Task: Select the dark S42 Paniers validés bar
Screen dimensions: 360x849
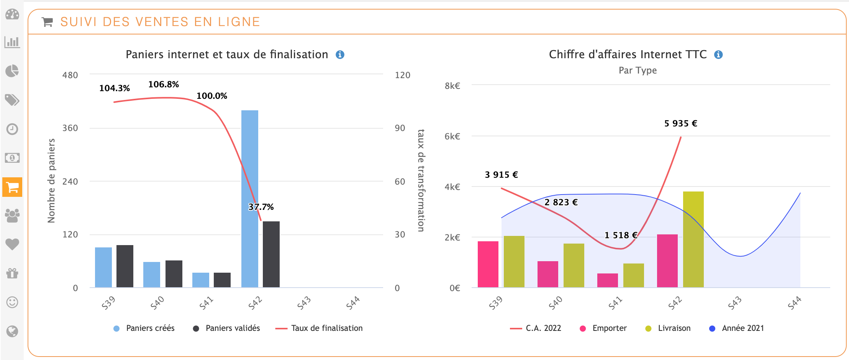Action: (x=271, y=254)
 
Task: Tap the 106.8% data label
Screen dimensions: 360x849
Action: (x=164, y=84)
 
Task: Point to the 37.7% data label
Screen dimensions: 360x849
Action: (x=261, y=207)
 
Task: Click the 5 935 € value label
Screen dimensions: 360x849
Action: (x=680, y=123)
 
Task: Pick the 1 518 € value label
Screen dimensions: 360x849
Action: (x=621, y=235)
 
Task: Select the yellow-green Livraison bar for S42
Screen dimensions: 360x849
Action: (x=693, y=239)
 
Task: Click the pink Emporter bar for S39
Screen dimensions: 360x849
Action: (x=488, y=264)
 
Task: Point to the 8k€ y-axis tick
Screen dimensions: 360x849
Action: (x=452, y=86)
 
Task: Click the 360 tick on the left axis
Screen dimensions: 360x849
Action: (x=70, y=128)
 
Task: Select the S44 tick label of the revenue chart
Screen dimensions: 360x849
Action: (x=794, y=303)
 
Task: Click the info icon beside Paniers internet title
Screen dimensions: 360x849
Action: (x=340, y=55)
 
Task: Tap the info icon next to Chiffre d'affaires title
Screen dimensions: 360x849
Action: (x=718, y=55)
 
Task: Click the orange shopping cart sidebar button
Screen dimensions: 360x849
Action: (x=12, y=187)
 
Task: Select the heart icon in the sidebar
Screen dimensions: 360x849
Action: (x=12, y=244)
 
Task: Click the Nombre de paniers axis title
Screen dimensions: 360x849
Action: (x=51, y=181)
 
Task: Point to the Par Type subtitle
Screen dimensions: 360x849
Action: (x=638, y=70)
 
